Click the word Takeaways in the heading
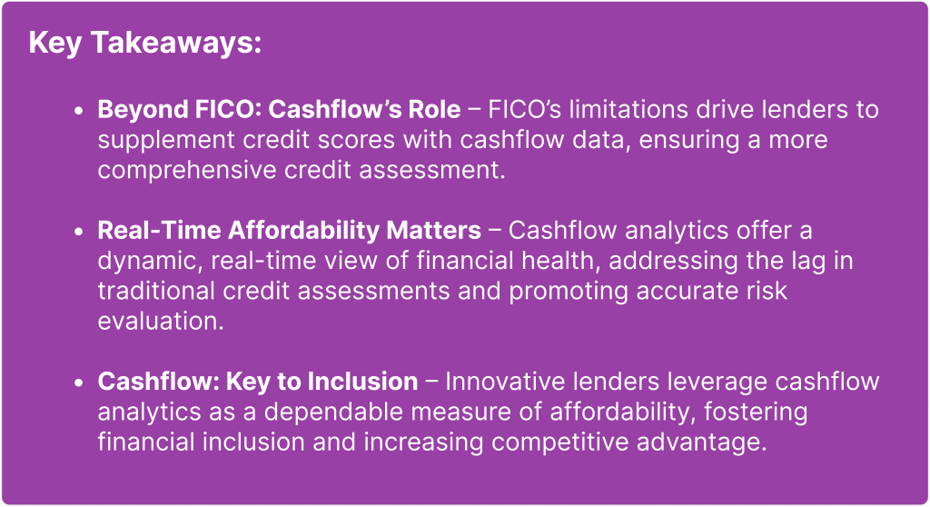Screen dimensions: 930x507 tap(176, 44)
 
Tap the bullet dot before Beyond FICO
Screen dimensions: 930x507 tap(79, 111)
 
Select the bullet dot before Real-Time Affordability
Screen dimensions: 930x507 tap(79, 232)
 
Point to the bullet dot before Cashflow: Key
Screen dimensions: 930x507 tap(79, 383)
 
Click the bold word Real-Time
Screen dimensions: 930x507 tap(159, 231)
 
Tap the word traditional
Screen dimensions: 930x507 tap(156, 291)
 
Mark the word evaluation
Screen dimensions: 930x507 tap(161, 321)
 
